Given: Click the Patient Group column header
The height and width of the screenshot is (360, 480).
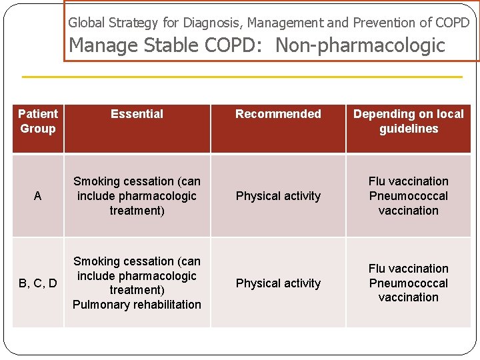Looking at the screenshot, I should click(38, 121).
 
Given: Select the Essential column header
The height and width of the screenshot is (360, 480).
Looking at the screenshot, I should click(137, 114).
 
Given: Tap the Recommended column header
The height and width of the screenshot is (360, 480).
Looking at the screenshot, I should click(278, 114).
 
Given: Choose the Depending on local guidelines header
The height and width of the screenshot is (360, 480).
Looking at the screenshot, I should click(408, 121).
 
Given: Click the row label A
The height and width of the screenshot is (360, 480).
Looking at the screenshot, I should click(38, 196).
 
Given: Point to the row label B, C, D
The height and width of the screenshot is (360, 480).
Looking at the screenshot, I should click(38, 283).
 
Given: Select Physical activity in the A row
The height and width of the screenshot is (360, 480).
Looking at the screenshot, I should click(278, 196).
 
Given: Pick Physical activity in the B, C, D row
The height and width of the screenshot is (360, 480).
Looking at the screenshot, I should click(278, 283).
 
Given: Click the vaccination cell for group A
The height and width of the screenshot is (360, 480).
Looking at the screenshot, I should click(408, 196).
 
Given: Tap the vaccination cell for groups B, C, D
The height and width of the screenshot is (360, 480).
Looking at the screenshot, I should click(408, 283).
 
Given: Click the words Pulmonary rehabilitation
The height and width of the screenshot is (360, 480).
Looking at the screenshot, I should click(137, 305).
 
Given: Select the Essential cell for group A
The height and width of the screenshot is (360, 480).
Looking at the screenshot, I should click(137, 196).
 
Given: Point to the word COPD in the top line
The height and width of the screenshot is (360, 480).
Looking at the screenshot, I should click(452, 23).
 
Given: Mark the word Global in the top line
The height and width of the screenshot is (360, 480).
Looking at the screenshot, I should click(85, 23).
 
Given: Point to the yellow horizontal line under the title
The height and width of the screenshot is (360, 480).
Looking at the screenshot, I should click(241, 77).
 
